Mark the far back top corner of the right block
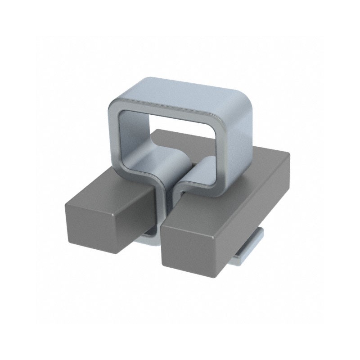(288, 153)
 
